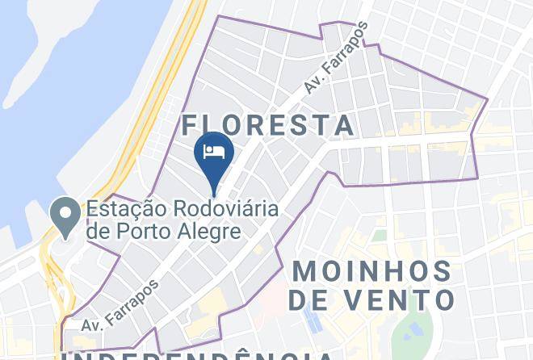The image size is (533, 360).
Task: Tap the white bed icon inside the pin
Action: tap(214, 150)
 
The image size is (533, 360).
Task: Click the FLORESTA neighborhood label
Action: tap(268, 125)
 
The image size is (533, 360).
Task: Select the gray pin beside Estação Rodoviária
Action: tap(64, 215)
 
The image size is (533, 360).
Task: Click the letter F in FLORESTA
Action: tap(191, 125)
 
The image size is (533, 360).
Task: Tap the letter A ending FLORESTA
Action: tap(345, 125)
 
